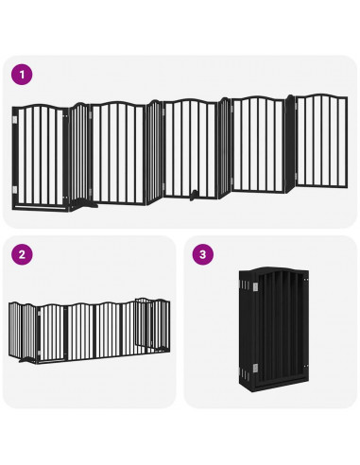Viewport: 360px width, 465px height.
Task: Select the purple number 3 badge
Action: pyautogui.click(x=201, y=254)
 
